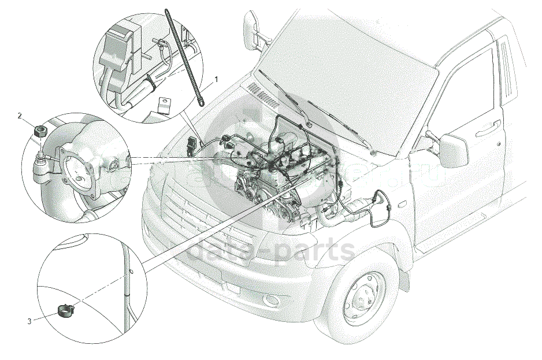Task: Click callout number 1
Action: tap(217, 78)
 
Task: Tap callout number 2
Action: tap(20, 116)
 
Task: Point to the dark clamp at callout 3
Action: tap(67, 311)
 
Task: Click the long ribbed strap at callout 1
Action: tap(185, 58)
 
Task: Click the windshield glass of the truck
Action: tap(347, 69)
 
